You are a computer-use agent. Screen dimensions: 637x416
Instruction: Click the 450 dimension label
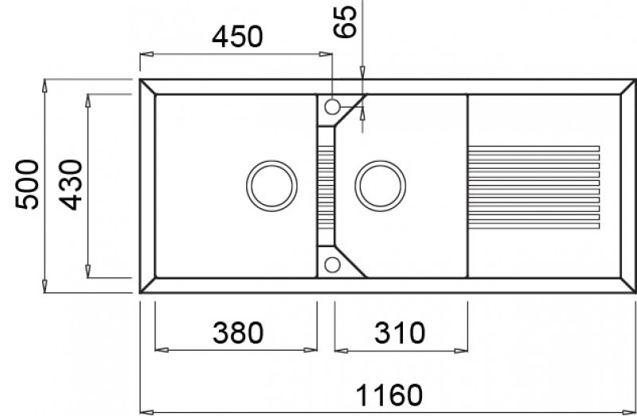pyautogui.click(x=237, y=37)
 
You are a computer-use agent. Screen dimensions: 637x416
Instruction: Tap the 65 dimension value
pyautogui.click(x=345, y=22)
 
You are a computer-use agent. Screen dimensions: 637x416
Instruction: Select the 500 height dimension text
pyautogui.click(x=27, y=185)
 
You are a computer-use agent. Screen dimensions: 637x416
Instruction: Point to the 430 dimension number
pyautogui.click(x=71, y=185)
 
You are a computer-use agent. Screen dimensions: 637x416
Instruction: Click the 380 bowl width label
pyautogui.click(x=238, y=332)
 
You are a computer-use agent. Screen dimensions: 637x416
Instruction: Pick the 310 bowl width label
pyautogui.click(x=400, y=332)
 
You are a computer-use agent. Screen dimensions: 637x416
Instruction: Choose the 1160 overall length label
pyautogui.click(x=389, y=394)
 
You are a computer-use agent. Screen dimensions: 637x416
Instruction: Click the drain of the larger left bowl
pyautogui.click(x=272, y=186)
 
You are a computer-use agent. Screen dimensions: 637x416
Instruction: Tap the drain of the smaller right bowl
pyautogui.click(x=381, y=186)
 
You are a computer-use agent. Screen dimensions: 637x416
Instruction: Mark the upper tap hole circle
pyautogui.click(x=332, y=107)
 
